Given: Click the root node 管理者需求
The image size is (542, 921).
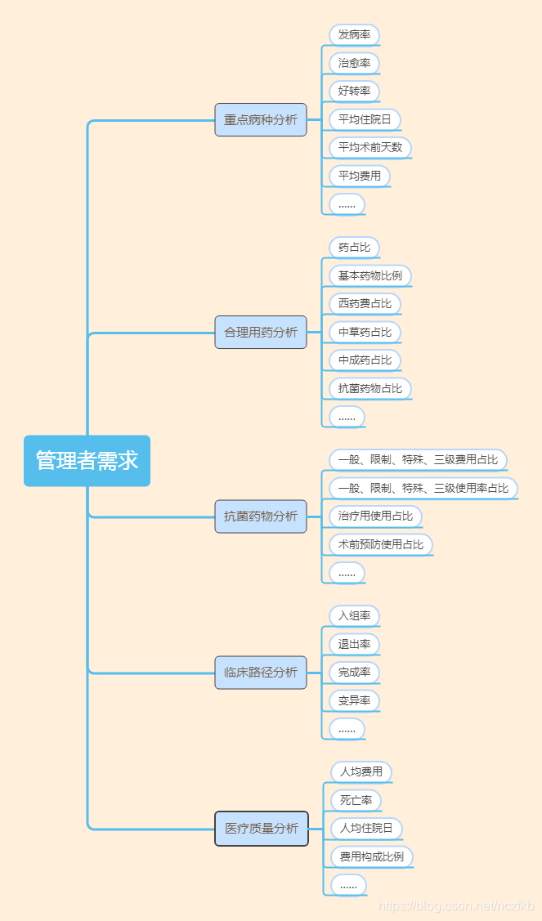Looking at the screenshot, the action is point(87,461).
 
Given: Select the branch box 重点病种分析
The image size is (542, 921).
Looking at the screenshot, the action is point(261,120).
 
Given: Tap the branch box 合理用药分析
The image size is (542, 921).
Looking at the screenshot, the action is point(261,333).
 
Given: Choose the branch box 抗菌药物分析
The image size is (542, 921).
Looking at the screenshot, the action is point(261,516).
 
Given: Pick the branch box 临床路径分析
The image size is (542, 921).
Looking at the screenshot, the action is point(261,673).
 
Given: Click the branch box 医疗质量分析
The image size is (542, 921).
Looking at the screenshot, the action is point(262,829).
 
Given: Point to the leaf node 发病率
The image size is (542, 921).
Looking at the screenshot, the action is point(354,35).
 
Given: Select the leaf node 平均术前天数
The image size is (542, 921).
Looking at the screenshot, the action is point(370,148).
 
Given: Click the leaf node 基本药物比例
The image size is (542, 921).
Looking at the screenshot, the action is point(370,275).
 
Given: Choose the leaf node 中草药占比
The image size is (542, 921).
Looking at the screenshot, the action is point(365,332).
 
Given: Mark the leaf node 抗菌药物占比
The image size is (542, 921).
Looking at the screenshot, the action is point(370,388).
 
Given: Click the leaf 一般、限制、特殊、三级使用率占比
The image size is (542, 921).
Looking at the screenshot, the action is point(423,489).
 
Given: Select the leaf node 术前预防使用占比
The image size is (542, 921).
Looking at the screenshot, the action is point(381,544).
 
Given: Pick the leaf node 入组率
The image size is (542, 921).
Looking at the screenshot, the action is point(354,616).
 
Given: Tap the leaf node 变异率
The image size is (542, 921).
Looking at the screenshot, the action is point(354,700).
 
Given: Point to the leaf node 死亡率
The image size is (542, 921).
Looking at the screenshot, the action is point(356,800).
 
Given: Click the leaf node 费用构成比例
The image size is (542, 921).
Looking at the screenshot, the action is point(372,856).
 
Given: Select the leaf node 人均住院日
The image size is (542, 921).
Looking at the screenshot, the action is point(366,829).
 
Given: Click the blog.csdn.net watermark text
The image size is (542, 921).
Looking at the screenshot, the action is point(457,906).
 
